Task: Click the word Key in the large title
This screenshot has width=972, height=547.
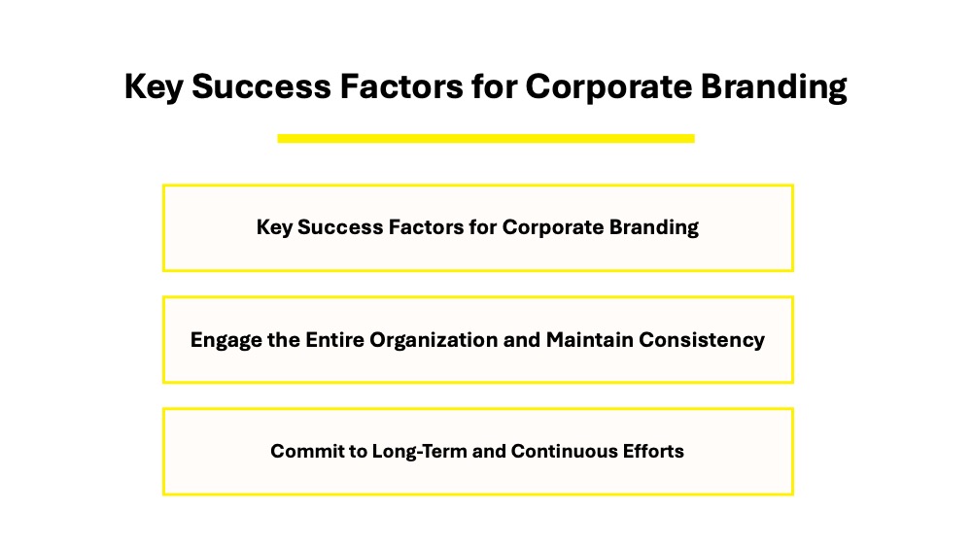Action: (154, 86)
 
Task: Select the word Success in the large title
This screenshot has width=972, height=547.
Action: (261, 86)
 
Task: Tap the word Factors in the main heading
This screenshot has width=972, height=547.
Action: (401, 86)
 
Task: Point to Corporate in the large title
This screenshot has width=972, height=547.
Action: (608, 86)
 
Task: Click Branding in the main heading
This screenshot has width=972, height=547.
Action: (774, 86)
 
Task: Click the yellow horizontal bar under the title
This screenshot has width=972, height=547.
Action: (486, 139)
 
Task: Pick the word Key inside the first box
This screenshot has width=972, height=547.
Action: (274, 227)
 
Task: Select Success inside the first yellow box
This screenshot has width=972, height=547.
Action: (340, 226)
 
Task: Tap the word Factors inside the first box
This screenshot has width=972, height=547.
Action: (426, 226)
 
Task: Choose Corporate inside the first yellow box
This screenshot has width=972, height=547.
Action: (552, 227)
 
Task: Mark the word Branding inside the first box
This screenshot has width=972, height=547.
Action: (653, 227)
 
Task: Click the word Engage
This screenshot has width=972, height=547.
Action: (226, 340)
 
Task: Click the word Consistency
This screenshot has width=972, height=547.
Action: (702, 340)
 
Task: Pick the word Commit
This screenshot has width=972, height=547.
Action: (300, 451)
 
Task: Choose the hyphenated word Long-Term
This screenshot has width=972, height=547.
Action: (419, 452)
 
